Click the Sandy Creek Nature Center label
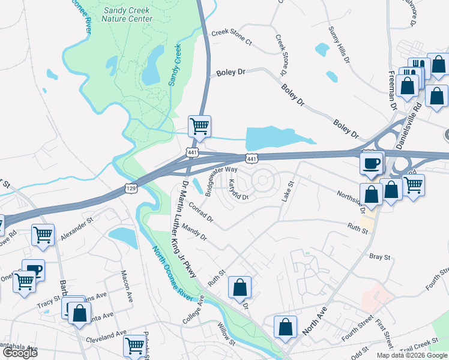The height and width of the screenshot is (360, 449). (x=127, y=14)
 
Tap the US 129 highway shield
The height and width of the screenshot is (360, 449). (x=130, y=188)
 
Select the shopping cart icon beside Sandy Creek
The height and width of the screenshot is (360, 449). (x=199, y=127)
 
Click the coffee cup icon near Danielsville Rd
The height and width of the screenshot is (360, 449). (x=371, y=163)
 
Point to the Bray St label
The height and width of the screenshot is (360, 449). (x=380, y=257)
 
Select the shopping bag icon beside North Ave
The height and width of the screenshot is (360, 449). (x=285, y=327)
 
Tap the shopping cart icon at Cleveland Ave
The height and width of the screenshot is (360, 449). (x=134, y=346)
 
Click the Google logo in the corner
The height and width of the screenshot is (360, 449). (x=20, y=353)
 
